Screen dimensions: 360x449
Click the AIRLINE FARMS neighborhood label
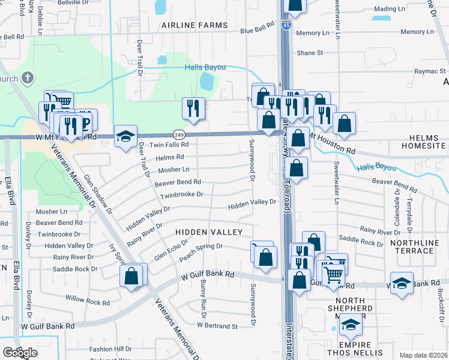pos(194,25)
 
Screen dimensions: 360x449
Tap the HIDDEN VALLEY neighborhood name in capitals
pos(209,232)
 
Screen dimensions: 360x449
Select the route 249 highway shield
pos(179,134)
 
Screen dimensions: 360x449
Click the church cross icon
pos(27,77)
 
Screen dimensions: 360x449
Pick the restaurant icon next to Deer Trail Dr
pos(193,108)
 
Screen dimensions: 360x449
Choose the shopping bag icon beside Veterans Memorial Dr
pos(131,276)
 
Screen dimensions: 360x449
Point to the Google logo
pos(20,353)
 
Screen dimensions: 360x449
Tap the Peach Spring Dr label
pos(200,247)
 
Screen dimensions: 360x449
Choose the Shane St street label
pos(310,53)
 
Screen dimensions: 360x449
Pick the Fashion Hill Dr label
pos(110,349)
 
